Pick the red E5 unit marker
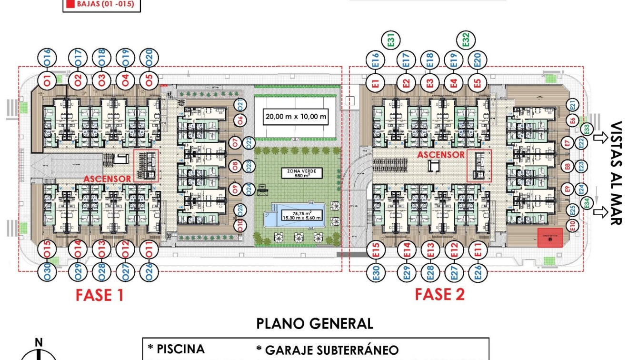tap(478, 82)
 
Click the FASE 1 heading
tap(100, 295)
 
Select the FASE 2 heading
tap(439, 294)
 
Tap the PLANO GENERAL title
tap(315, 324)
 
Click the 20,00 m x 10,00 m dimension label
tap(297, 116)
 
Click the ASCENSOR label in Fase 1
tap(107, 179)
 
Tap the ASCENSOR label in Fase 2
tap(440, 155)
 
